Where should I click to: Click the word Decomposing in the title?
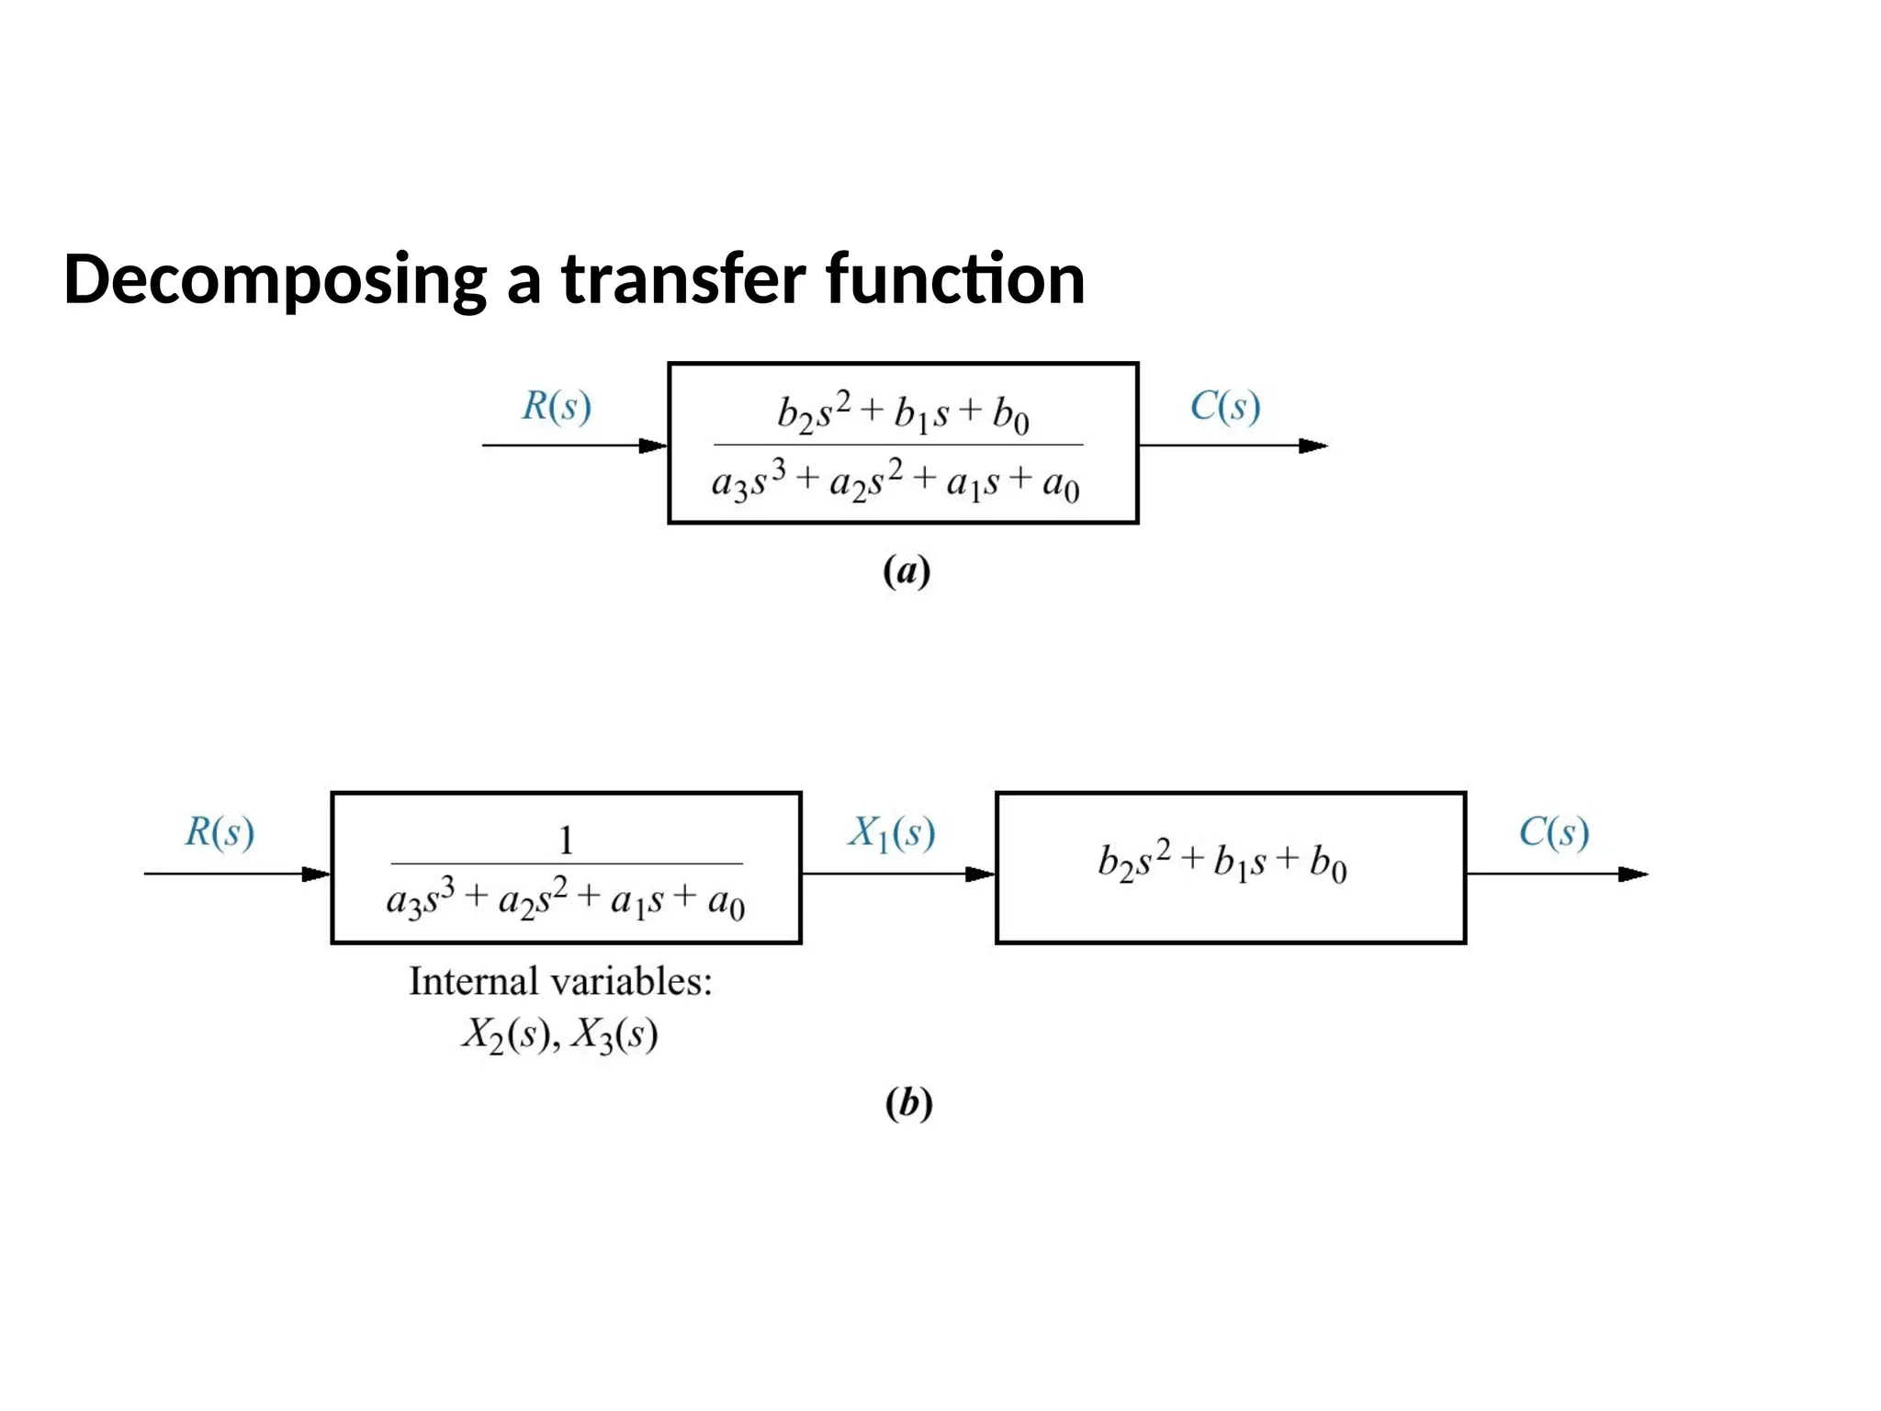274,280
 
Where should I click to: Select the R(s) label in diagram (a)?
557,406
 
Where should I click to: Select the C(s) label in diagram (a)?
1225,406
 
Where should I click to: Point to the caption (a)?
907,571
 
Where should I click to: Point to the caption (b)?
908,1102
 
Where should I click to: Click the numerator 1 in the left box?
566,841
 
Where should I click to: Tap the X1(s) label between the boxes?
891,833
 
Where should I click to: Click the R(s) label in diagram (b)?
220,832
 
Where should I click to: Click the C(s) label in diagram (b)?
1553,832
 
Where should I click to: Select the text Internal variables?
560,982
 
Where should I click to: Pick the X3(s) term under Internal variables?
614,1035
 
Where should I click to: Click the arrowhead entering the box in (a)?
654,446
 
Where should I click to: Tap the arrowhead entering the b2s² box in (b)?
980,874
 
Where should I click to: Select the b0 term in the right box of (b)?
1328,864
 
